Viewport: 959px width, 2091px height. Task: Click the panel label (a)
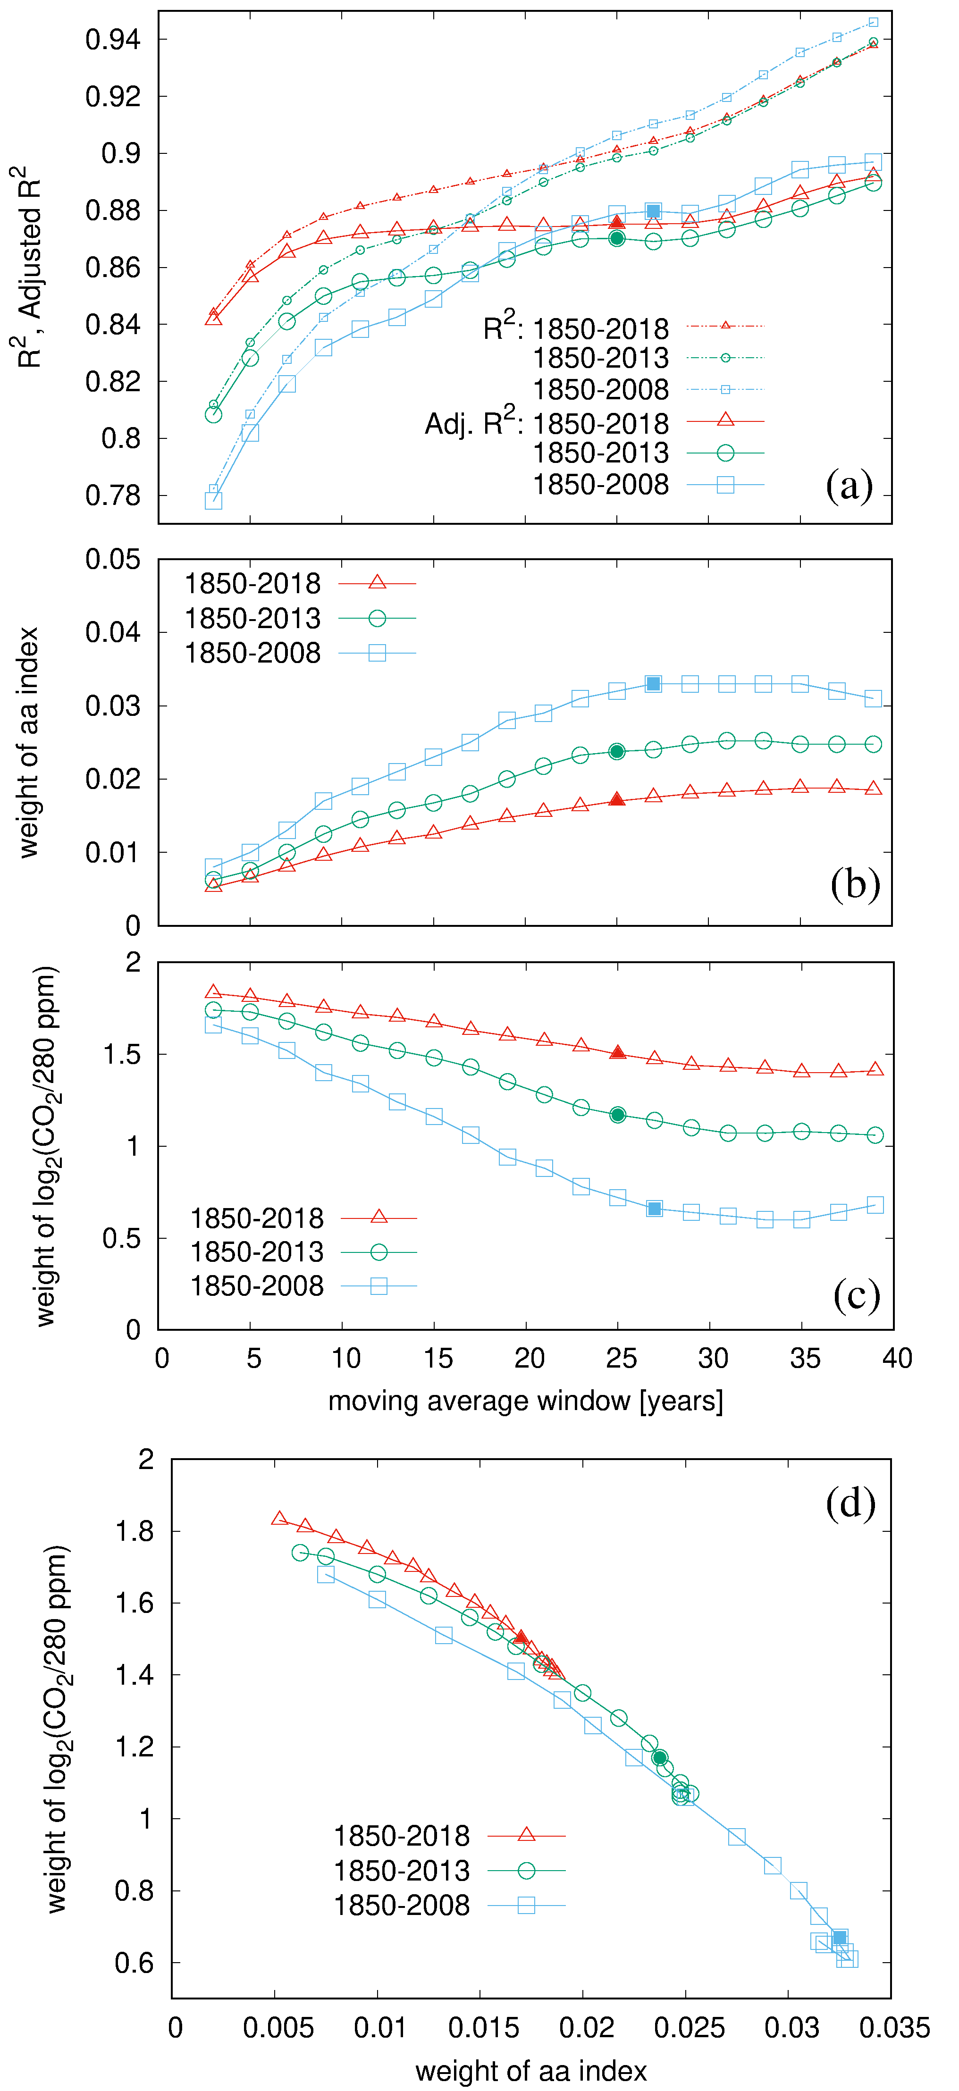pos(849,486)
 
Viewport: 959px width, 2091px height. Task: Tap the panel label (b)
pos(854,884)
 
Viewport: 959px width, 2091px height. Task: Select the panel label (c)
pos(856,1295)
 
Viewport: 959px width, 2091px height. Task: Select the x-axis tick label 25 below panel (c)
pos(621,1358)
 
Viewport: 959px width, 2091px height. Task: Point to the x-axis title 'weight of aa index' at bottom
pos(531,2071)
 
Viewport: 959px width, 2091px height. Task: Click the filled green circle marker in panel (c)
pos(618,1115)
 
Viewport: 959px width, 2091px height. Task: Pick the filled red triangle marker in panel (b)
pos(617,799)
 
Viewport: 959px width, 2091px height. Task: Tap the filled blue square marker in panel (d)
pos(840,1938)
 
